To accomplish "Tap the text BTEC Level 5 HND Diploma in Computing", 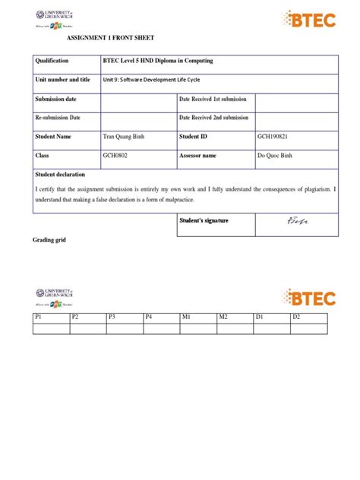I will [157, 61].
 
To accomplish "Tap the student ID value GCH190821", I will [275, 137].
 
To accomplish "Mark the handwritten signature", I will [293, 222].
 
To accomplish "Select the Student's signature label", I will [204, 221].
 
